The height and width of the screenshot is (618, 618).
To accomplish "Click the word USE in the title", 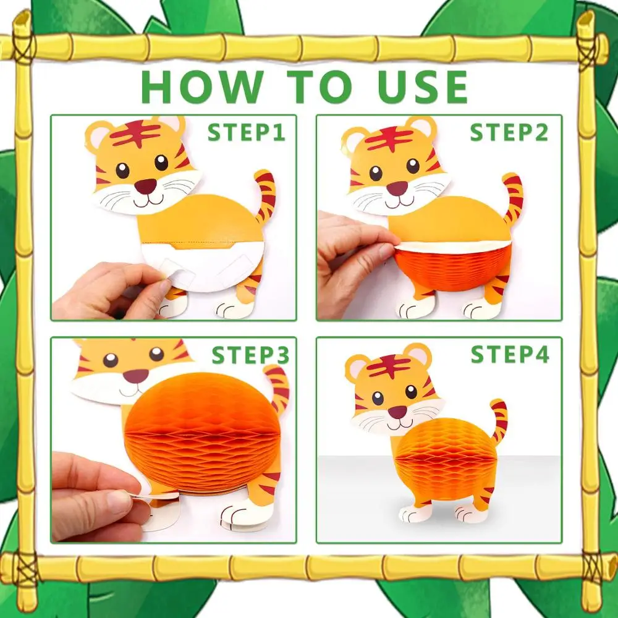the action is coord(423,87).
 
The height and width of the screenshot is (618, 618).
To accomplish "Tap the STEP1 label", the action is coord(247,132).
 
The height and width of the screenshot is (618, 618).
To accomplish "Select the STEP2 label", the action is coord(509,132).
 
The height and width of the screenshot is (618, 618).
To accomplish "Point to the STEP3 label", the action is coord(251,355).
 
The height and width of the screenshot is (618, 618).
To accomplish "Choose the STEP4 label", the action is coord(510,354).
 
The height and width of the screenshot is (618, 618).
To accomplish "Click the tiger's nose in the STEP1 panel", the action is coord(145,185).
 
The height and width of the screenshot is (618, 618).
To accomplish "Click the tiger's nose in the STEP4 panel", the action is coord(397,412).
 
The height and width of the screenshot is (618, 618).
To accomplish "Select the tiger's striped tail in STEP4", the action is coord(497,420).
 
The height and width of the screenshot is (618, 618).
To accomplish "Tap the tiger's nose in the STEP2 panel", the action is coord(397,188).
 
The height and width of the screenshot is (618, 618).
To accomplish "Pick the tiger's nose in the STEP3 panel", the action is coord(135,376).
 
